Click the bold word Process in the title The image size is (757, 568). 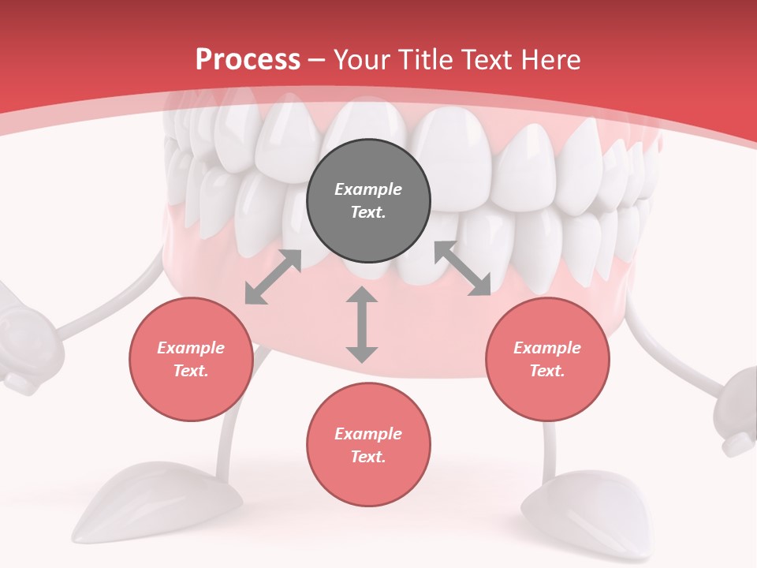pos(248,60)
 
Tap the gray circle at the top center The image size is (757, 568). pos(368,201)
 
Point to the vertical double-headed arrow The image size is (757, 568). pos(362,325)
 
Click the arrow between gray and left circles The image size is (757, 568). pos(273,277)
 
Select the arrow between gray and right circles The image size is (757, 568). pos(463,268)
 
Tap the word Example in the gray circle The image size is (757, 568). pos(368,189)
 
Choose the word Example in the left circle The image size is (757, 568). pos(191,348)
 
